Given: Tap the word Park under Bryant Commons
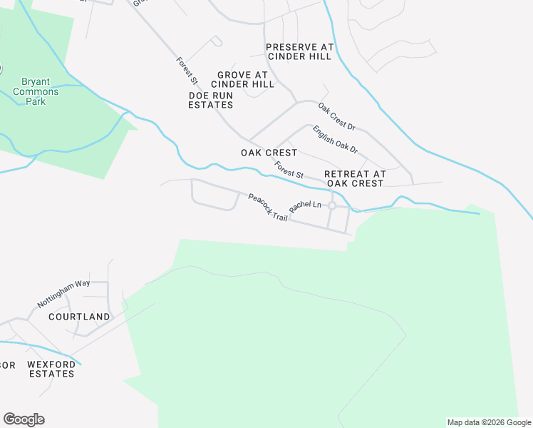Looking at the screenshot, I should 36,101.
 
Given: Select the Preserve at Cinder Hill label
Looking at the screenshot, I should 299,51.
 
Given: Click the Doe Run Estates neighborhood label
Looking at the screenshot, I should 210,100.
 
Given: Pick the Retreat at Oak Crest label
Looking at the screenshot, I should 355,178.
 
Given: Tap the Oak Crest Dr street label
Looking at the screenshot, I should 336,117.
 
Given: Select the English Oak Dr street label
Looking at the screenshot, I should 335,140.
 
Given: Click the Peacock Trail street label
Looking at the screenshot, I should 268,207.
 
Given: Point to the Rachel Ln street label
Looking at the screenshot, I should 305,205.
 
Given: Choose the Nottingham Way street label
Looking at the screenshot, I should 63,292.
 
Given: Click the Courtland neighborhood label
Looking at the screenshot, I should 79,316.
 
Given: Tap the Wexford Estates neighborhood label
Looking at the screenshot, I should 51,369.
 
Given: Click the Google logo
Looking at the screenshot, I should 24,419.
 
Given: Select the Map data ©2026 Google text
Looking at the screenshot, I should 488,422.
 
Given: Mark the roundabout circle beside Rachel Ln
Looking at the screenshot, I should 332,205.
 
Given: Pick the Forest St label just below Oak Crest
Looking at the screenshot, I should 289,169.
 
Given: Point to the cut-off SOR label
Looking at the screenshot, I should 7,365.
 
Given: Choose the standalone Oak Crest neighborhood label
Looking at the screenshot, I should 269,153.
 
